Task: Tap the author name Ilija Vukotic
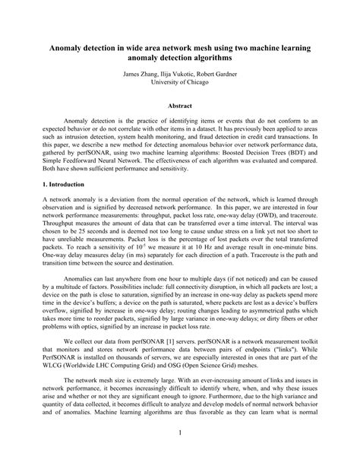180,74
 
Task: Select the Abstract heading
180,106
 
